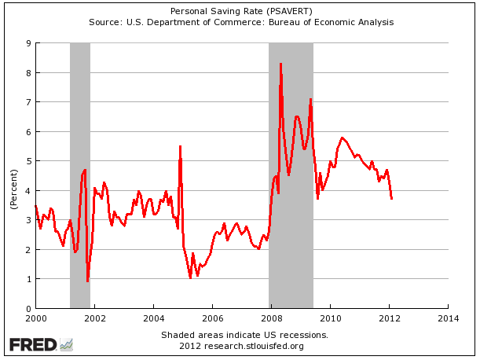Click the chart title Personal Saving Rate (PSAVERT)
(240, 10)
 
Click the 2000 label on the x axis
(35, 318)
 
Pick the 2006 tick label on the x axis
(212, 318)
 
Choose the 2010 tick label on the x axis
(330, 318)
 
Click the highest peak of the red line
(280, 64)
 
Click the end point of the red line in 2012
(391, 198)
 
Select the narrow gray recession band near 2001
(80, 173)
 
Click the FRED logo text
(32, 344)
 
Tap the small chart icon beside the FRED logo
(67, 344)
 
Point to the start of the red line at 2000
(35, 205)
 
